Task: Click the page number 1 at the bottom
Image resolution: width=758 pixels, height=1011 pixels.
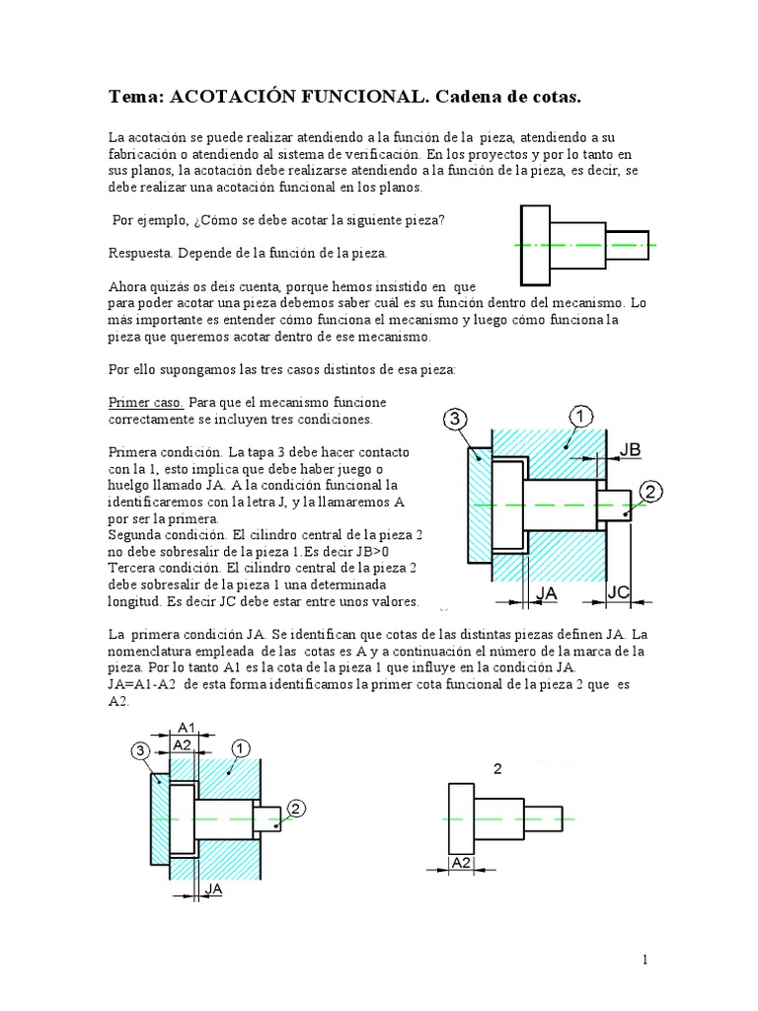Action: [643, 960]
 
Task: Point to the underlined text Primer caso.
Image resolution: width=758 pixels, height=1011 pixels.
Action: [145, 403]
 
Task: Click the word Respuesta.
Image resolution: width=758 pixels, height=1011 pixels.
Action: [141, 253]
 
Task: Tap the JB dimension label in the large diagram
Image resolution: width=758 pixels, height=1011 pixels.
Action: [630, 450]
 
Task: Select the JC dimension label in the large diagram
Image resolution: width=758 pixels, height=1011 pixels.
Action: [619, 591]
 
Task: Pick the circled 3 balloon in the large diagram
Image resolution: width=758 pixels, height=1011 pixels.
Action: [455, 420]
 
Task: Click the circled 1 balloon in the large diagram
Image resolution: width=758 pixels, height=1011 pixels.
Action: [580, 417]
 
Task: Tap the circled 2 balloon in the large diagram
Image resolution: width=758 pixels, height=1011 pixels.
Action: [651, 492]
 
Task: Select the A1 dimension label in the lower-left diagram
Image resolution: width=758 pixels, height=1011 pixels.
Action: [186, 729]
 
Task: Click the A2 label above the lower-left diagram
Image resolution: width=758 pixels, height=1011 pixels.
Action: [182, 744]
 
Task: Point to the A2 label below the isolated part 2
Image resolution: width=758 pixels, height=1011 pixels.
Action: [460, 862]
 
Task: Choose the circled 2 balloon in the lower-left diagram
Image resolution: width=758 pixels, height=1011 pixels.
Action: [298, 809]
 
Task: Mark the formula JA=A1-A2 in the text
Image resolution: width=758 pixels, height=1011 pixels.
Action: [143, 683]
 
